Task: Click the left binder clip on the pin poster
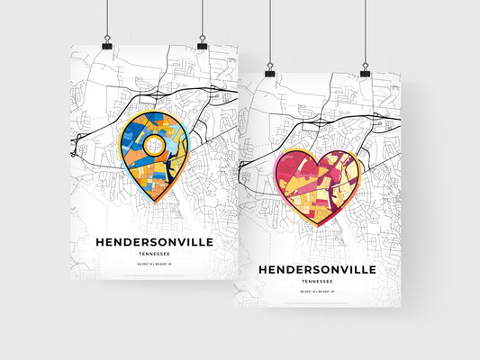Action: (x=106, y=43)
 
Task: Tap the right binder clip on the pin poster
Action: (x=202, y=43)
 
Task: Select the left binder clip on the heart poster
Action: (x=270, y=70)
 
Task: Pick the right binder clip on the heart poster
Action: (x=366, y=70)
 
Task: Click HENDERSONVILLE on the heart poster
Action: (x=316, y=270)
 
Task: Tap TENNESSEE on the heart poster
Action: (x=316, y=282)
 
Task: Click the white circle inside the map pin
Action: (x=154, y=146)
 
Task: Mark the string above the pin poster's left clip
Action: (x=106, y=18)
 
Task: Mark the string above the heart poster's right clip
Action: (x=366, y=31)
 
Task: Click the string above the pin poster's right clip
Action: (x=202, y=18)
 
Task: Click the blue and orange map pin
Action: (x=153, y=153)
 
